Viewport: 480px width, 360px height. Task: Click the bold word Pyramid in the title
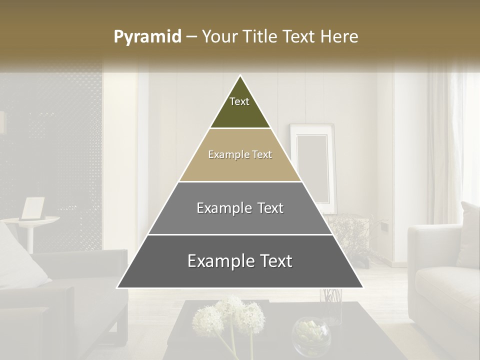[147, 37]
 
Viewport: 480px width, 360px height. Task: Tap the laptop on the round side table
[32, 208]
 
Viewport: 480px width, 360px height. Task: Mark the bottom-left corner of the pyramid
[117, 287]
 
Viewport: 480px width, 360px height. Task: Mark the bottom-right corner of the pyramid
[363, 287]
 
